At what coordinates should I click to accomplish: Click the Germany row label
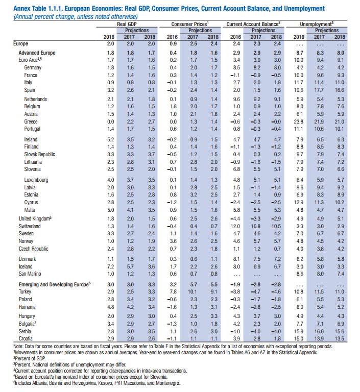(33, 68)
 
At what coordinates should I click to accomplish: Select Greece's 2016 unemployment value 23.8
(299, 122)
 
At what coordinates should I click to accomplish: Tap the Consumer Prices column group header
(190, 24)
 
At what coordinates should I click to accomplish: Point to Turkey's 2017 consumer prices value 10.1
(193, 292)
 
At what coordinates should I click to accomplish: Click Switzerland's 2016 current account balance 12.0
(235, 226)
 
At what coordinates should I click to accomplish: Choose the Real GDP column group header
(127, 24)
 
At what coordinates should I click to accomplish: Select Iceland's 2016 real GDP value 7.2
(111, 266)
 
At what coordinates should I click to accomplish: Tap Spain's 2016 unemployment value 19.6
(299, 90)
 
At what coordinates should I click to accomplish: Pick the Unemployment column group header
(317, 24)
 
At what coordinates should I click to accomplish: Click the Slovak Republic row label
(39, 154)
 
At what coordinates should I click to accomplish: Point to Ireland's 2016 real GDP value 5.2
(111, 139)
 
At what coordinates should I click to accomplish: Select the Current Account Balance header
(253, 24)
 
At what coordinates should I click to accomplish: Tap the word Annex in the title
(20, 9)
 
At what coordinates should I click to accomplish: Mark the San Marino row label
(30, 274)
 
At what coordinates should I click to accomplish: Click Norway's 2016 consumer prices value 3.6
(173, 241)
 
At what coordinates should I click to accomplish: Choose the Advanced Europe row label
(37, 53)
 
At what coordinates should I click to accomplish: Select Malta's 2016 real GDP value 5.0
(111, 210)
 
